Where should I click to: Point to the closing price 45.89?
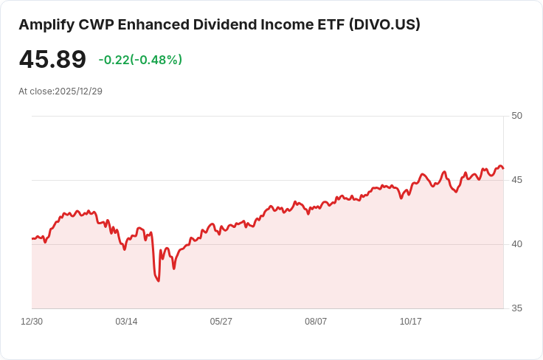(x=52, y=59)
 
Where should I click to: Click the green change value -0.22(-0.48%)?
(x=140, y=60)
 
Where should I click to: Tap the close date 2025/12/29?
(x=78, y=91)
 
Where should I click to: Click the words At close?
(x=35, y=91)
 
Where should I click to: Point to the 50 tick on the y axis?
(x=516, y=116)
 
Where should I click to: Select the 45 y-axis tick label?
(x=516, y=180)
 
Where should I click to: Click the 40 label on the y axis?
(x=516, y=244)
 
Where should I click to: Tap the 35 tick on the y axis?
(x=516, y=308)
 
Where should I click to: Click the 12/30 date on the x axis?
(x=32, y=322)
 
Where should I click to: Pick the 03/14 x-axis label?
(x=126, y=322)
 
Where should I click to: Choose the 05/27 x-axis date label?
(x=221, y=322)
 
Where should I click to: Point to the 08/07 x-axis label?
(x=316, y=322)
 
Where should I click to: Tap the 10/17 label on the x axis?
(x=410, y=322)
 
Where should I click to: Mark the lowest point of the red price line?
(x=159, y=281)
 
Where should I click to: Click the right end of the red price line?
(x=503, y=169)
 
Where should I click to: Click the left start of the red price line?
(x=32, y=238)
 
